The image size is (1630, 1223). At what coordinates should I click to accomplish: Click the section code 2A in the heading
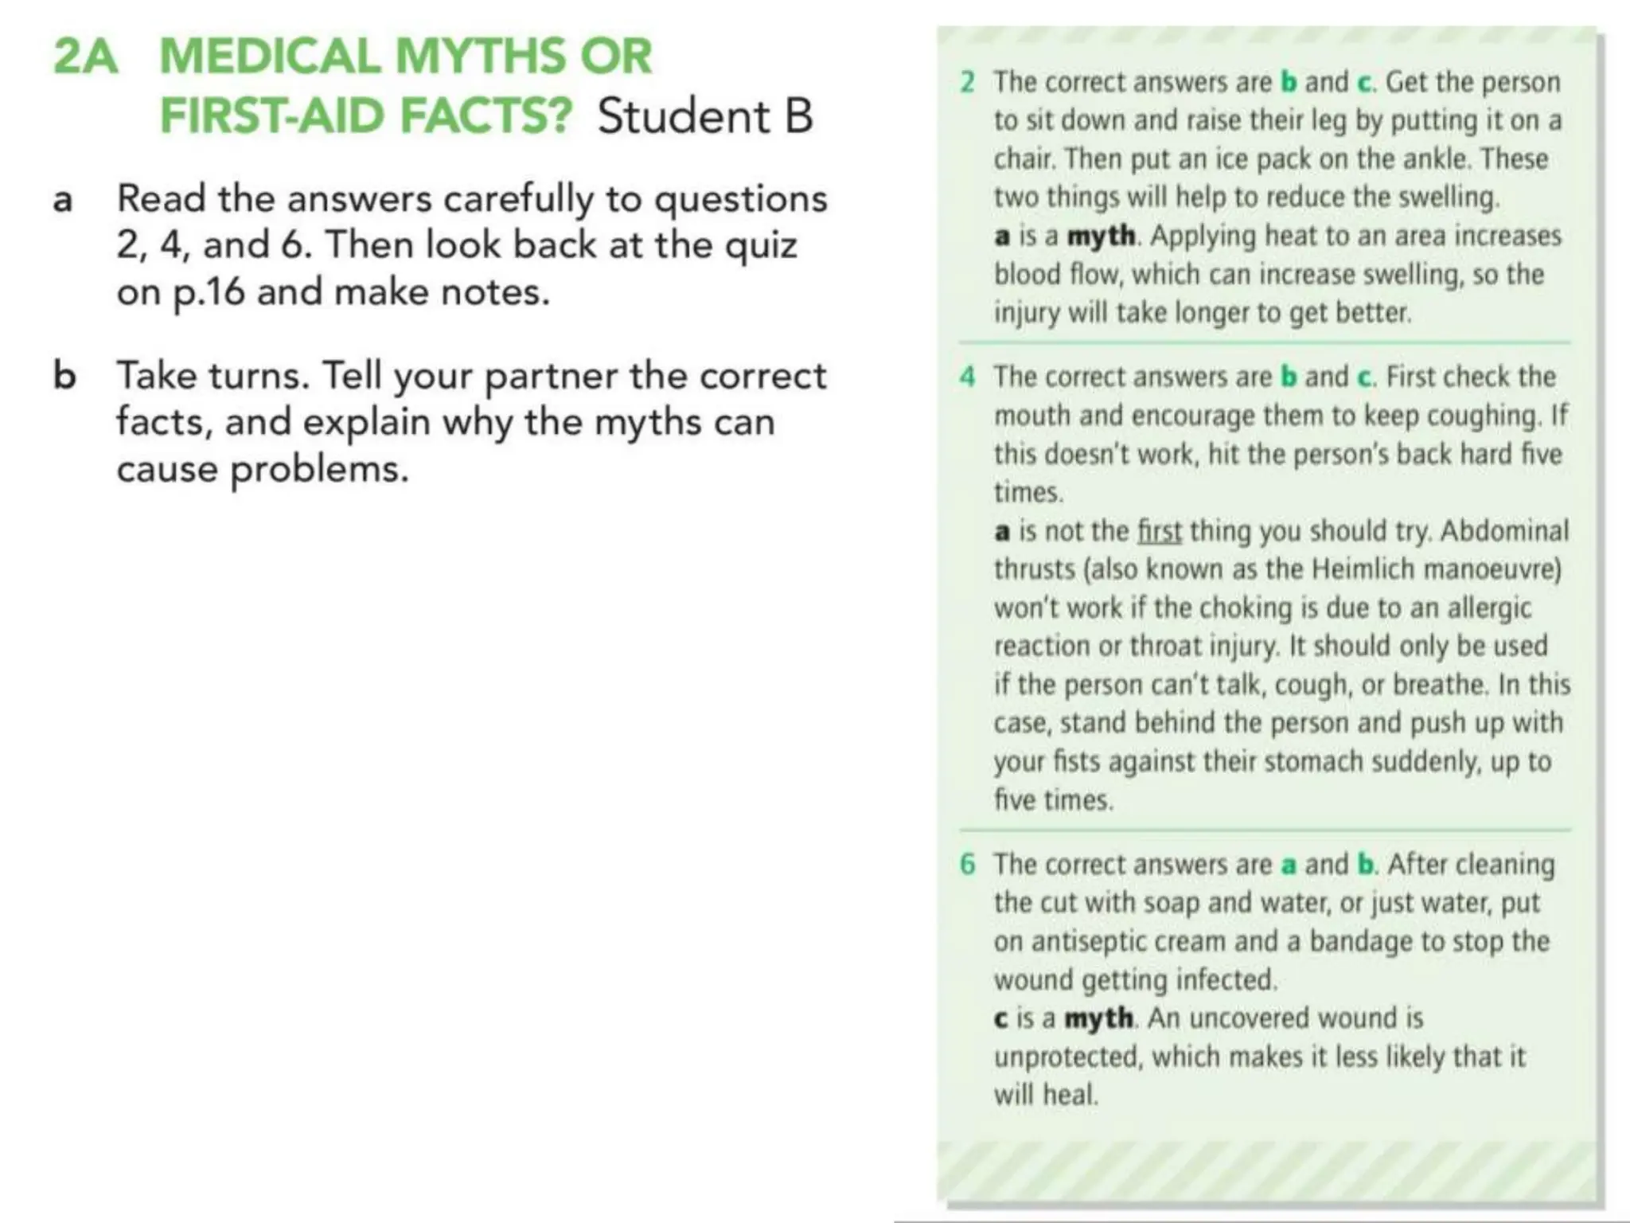click(x=86, y=57)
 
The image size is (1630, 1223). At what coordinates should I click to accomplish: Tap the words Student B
click(x=705, y=116)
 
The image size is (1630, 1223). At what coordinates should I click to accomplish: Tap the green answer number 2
click(x=967, y=82)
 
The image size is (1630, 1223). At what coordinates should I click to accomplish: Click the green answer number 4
click(x=967, y=377)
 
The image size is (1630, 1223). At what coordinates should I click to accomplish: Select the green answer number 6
click(x=967, y=864)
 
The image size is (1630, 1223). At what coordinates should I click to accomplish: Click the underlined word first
click(x=1159, y=531)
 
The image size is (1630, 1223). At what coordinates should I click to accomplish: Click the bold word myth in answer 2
click(x=1101, y=236)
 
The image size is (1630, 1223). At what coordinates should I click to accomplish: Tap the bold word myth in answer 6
click(x=1098, y=1018)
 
